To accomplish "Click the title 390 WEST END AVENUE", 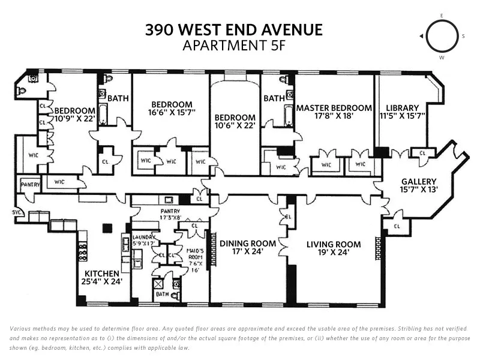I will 234,29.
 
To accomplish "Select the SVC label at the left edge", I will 16,212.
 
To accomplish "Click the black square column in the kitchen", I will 107,228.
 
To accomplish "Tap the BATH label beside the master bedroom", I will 274,98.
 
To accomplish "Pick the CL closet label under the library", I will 422,154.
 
